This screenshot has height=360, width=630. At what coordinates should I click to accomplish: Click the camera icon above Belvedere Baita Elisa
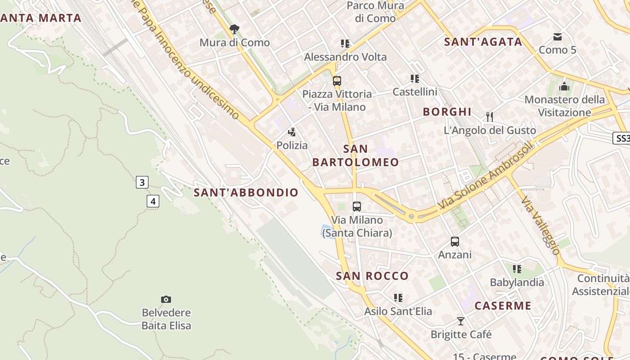tap(166, 299)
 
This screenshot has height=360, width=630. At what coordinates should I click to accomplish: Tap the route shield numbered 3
tap(142, 182)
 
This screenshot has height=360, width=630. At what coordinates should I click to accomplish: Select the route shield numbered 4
tap(153, 201)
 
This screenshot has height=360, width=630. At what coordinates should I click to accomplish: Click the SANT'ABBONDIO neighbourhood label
tap(246, 193)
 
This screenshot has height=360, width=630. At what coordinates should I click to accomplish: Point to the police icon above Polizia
tap(292, 132)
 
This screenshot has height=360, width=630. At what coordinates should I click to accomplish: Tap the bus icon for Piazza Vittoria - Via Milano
tap(337, 81)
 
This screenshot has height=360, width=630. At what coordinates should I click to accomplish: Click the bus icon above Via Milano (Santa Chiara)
tap(357, 207)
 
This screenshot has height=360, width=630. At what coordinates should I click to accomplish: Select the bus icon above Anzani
tap(455, 242)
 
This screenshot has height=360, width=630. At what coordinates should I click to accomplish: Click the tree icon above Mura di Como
tap(234, 30)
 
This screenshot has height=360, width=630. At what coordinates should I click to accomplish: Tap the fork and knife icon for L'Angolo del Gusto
tap(490, 117)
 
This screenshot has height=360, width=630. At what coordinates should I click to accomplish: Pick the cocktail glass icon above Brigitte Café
tap(461, 321)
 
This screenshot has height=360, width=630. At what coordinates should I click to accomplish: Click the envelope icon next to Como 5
tap(558, 36)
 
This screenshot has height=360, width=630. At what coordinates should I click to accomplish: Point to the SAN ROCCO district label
tap(372, 276)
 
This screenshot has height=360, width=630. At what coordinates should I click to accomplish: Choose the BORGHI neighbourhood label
tap(447, 112)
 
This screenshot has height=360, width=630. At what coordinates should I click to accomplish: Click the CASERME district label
tap(503, 306)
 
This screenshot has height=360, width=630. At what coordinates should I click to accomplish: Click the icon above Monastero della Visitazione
tap(564, 86)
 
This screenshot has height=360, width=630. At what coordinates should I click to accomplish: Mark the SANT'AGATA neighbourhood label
tap(483, 42)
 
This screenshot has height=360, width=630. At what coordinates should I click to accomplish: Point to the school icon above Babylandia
tap(517, 269)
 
